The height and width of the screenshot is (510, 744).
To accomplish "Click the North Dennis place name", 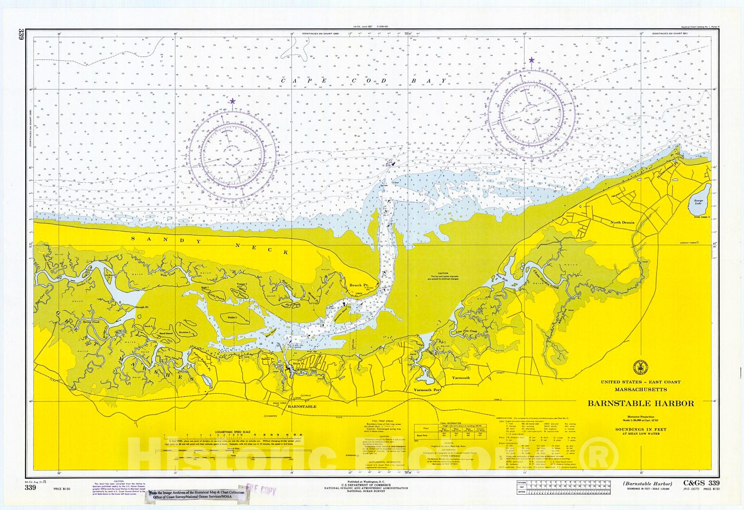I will [622, 223].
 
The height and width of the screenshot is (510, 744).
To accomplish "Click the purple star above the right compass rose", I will [531, 60].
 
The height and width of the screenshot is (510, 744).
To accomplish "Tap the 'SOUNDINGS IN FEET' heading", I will [640, 429].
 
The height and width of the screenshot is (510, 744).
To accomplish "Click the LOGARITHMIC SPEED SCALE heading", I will [232, 432].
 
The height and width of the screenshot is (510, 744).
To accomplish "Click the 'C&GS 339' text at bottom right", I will [701, 483].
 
